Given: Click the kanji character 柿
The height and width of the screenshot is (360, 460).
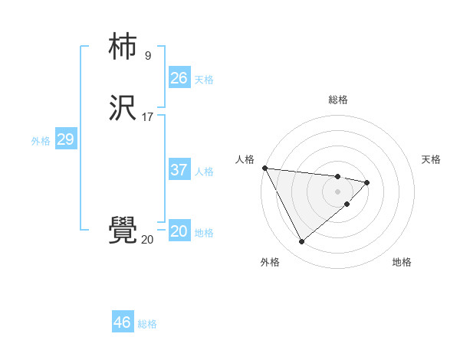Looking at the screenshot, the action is (123, 47).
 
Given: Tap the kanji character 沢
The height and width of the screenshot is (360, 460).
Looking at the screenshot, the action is (123, 109).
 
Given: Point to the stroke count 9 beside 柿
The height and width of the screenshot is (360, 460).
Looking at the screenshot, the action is (147, 56).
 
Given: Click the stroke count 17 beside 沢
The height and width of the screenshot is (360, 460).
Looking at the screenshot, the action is (148, 117).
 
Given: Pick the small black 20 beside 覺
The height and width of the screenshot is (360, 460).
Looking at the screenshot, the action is (147, 240).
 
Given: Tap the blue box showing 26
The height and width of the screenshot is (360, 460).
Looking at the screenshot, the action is (179, 78).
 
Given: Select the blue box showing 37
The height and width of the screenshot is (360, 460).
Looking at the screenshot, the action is (179, 170).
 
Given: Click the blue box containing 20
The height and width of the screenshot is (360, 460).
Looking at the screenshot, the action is (179, 231).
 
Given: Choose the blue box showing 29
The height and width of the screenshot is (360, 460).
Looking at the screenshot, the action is (66, 139).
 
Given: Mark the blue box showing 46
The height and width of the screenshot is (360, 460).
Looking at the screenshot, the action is (123, 322).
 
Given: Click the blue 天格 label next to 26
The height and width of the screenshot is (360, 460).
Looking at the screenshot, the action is (204, 80).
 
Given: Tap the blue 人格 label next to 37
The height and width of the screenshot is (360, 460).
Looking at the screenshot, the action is (204, 172).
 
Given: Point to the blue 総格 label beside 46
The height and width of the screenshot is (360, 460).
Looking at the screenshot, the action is (147, 324).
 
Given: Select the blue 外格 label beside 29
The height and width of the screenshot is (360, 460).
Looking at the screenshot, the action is (41, 141).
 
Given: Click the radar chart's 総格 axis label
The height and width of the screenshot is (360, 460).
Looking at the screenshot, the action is (338, 100).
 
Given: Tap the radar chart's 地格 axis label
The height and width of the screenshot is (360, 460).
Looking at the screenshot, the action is (402, 262).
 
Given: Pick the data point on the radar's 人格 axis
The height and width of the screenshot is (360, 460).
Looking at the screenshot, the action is (264, 168).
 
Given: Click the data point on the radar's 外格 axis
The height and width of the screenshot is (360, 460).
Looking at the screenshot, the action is (301, 242).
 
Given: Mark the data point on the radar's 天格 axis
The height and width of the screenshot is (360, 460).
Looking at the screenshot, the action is (367, 182).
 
